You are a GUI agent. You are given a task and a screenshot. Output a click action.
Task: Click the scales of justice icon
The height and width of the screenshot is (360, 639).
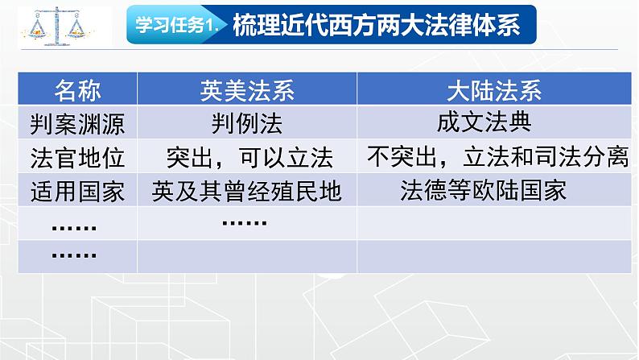[57, 26]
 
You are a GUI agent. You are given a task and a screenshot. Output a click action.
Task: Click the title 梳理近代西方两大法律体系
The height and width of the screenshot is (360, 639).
[376, 25]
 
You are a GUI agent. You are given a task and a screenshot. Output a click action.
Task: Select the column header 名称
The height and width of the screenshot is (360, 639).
[77, 90]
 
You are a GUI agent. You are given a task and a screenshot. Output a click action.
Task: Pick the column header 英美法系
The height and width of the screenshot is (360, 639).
[247, 90]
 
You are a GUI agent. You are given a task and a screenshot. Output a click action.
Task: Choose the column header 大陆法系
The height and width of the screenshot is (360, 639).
[494, 90]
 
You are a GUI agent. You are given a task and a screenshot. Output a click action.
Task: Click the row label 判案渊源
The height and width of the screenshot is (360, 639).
[77, 123]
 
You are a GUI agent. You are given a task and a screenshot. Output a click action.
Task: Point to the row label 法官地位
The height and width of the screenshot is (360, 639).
[77, 157]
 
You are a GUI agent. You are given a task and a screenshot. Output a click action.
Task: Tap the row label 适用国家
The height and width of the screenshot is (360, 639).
[77, 191]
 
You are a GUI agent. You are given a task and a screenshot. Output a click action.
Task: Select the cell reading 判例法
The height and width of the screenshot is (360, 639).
[247, 123]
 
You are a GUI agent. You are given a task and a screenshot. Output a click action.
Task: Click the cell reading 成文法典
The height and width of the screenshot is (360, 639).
[484, 122]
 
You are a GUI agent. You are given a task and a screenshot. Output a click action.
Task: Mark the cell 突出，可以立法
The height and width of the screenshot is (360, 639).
[249, 157]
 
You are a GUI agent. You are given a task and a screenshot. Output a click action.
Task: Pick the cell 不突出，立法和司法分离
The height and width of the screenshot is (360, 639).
[497, 156]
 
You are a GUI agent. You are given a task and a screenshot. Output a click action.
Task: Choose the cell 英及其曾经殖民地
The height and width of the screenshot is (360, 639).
[246, 191]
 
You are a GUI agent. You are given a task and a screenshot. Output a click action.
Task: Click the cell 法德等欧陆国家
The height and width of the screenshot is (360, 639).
[484, 190]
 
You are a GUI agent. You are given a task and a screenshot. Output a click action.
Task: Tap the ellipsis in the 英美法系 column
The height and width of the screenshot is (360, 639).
[245, 222]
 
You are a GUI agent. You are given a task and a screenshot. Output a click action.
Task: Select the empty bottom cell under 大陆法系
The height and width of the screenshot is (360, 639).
[494, 256]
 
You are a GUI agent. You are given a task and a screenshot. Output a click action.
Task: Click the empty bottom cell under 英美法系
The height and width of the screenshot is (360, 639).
[247, 256]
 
